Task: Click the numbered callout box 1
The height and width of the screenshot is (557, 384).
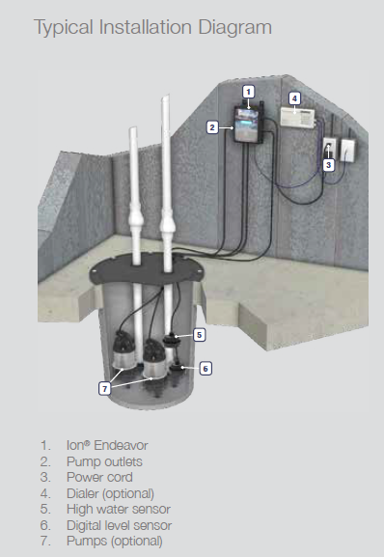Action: (248, 92)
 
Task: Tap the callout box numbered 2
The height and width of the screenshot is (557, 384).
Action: (212, 127)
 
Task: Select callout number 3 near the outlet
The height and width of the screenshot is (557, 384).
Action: (328, 165)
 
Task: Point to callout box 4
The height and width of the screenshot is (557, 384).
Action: (294, 98)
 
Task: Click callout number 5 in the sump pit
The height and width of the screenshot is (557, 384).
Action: (199, 335)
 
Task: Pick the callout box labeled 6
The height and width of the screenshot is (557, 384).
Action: (206, 369)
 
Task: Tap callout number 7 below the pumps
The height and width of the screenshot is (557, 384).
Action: (104, 389)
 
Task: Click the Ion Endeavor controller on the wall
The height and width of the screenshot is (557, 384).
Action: (248, 125)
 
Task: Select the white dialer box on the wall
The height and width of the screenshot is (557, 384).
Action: (297, 117)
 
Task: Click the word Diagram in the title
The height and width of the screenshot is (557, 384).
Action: (235, 28)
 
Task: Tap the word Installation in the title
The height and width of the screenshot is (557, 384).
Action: (146, 27)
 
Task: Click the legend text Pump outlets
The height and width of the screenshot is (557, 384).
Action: (104, 461)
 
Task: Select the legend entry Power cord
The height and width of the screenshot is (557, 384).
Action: (99, 477)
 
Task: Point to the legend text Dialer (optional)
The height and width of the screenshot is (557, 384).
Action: (110, 493)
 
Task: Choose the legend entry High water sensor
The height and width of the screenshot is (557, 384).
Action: (119, 509)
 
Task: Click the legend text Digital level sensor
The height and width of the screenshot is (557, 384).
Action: (120, 525)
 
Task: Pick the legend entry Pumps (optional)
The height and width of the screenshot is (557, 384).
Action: (115, 541)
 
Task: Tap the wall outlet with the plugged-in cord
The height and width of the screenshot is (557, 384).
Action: (329, 148)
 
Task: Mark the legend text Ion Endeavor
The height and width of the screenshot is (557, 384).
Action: (107, 445)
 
